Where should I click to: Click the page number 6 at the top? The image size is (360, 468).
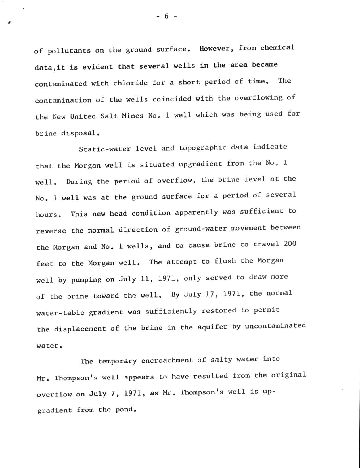point(167,16)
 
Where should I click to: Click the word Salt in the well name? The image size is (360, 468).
point(109,116)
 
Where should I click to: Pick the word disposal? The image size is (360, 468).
point(81,133)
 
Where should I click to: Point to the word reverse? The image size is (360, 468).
point(51,231)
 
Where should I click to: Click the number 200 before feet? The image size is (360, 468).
point(290,244)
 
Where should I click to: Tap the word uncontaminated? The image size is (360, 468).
point(275,326)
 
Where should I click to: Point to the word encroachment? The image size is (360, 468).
point(167,360)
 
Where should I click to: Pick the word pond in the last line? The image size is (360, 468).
point(124,409)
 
